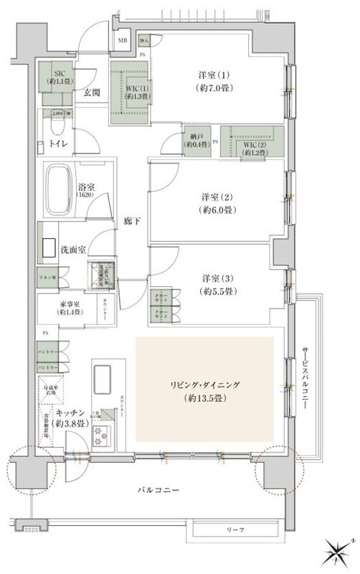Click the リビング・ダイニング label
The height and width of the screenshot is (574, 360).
204,385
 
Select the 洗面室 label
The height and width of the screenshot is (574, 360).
73,249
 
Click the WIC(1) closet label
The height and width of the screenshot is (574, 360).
130,88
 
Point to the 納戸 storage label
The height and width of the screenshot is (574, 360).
194,141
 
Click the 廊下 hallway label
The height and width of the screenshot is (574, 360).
130,222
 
